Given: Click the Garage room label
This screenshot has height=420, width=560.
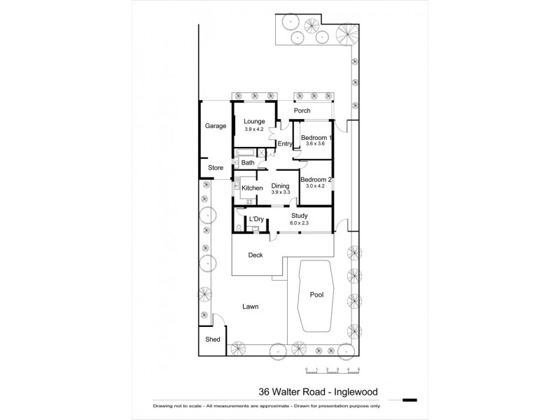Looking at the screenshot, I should [215, 126].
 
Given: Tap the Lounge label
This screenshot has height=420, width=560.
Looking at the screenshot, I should [254, 121].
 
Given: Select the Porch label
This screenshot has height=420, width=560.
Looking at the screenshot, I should [303, 111].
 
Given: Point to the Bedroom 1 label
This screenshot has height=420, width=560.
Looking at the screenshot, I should [316, 137].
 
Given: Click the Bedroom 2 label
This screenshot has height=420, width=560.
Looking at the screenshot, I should [316, 180].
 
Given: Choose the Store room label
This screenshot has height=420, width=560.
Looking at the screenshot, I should [215, 168].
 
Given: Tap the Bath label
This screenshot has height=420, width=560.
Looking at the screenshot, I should [248, 163].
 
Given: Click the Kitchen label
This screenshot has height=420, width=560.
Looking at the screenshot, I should [252, 188].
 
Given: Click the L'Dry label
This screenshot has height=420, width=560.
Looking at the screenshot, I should [256, 220].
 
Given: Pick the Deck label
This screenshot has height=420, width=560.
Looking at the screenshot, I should [255, 255].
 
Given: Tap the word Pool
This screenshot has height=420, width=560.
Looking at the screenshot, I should [316, 295].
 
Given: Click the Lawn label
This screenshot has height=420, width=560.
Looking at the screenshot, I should [250, 307].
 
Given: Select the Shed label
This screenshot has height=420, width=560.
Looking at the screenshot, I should [213, 339].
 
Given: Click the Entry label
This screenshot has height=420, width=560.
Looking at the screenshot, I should [284, 144].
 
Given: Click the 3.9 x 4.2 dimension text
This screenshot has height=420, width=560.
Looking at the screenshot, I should [254, 129].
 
